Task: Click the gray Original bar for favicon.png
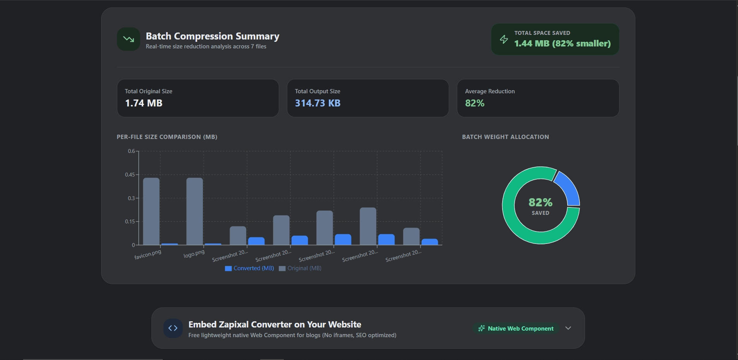coord(151,211)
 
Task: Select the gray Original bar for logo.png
coord(194,211)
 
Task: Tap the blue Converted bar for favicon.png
coord(170,244)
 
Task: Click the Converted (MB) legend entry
coord(249,268)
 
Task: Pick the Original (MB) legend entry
coord(300,268)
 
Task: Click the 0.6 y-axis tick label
coord(131,151)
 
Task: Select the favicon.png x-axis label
coord(148,254)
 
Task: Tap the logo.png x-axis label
coord(194,254)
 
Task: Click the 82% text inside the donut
coord(541,202)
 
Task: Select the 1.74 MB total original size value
coord(144,103)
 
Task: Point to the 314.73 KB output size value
coord(318,103)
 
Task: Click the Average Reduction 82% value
coord(475,103)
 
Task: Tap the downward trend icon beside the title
coord(129,39)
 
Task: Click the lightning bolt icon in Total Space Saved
coord(504,39)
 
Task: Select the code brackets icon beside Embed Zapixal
coord(173,328)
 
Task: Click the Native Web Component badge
coord(516,328)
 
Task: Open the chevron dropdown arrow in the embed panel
coord(568,328)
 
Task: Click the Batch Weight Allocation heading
coord(505,137)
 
